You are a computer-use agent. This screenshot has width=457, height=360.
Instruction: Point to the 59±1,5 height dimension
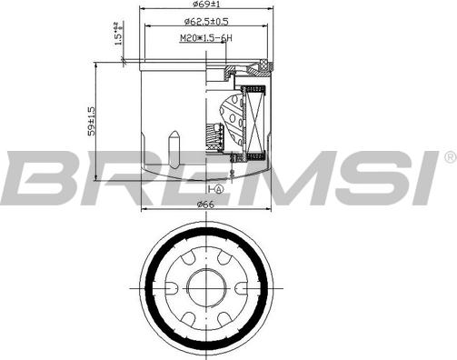(89, 122)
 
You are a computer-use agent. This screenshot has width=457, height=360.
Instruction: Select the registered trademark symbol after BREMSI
(448, 156)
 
